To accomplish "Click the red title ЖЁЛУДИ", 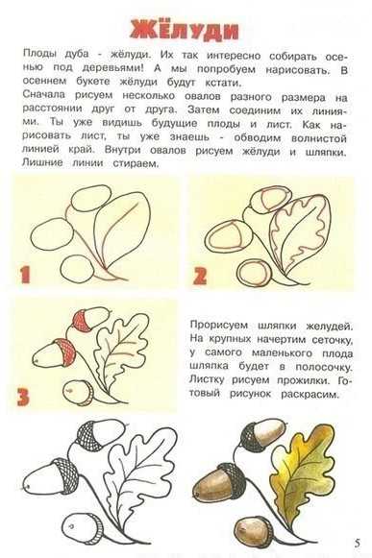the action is click(x=184, y=30).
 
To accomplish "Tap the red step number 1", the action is click(x=25, y=275).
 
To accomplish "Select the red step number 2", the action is click(x=200, y=276).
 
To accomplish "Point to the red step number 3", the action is click(x=23, y=397).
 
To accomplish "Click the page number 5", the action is click(x=357, y=543).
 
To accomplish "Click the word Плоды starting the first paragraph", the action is click(x=39, y=54).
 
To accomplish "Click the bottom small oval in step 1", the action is click(x=78, y=269).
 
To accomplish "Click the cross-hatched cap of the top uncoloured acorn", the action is click(x=88, y=435).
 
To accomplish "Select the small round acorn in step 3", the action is click(x=78, y=392).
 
